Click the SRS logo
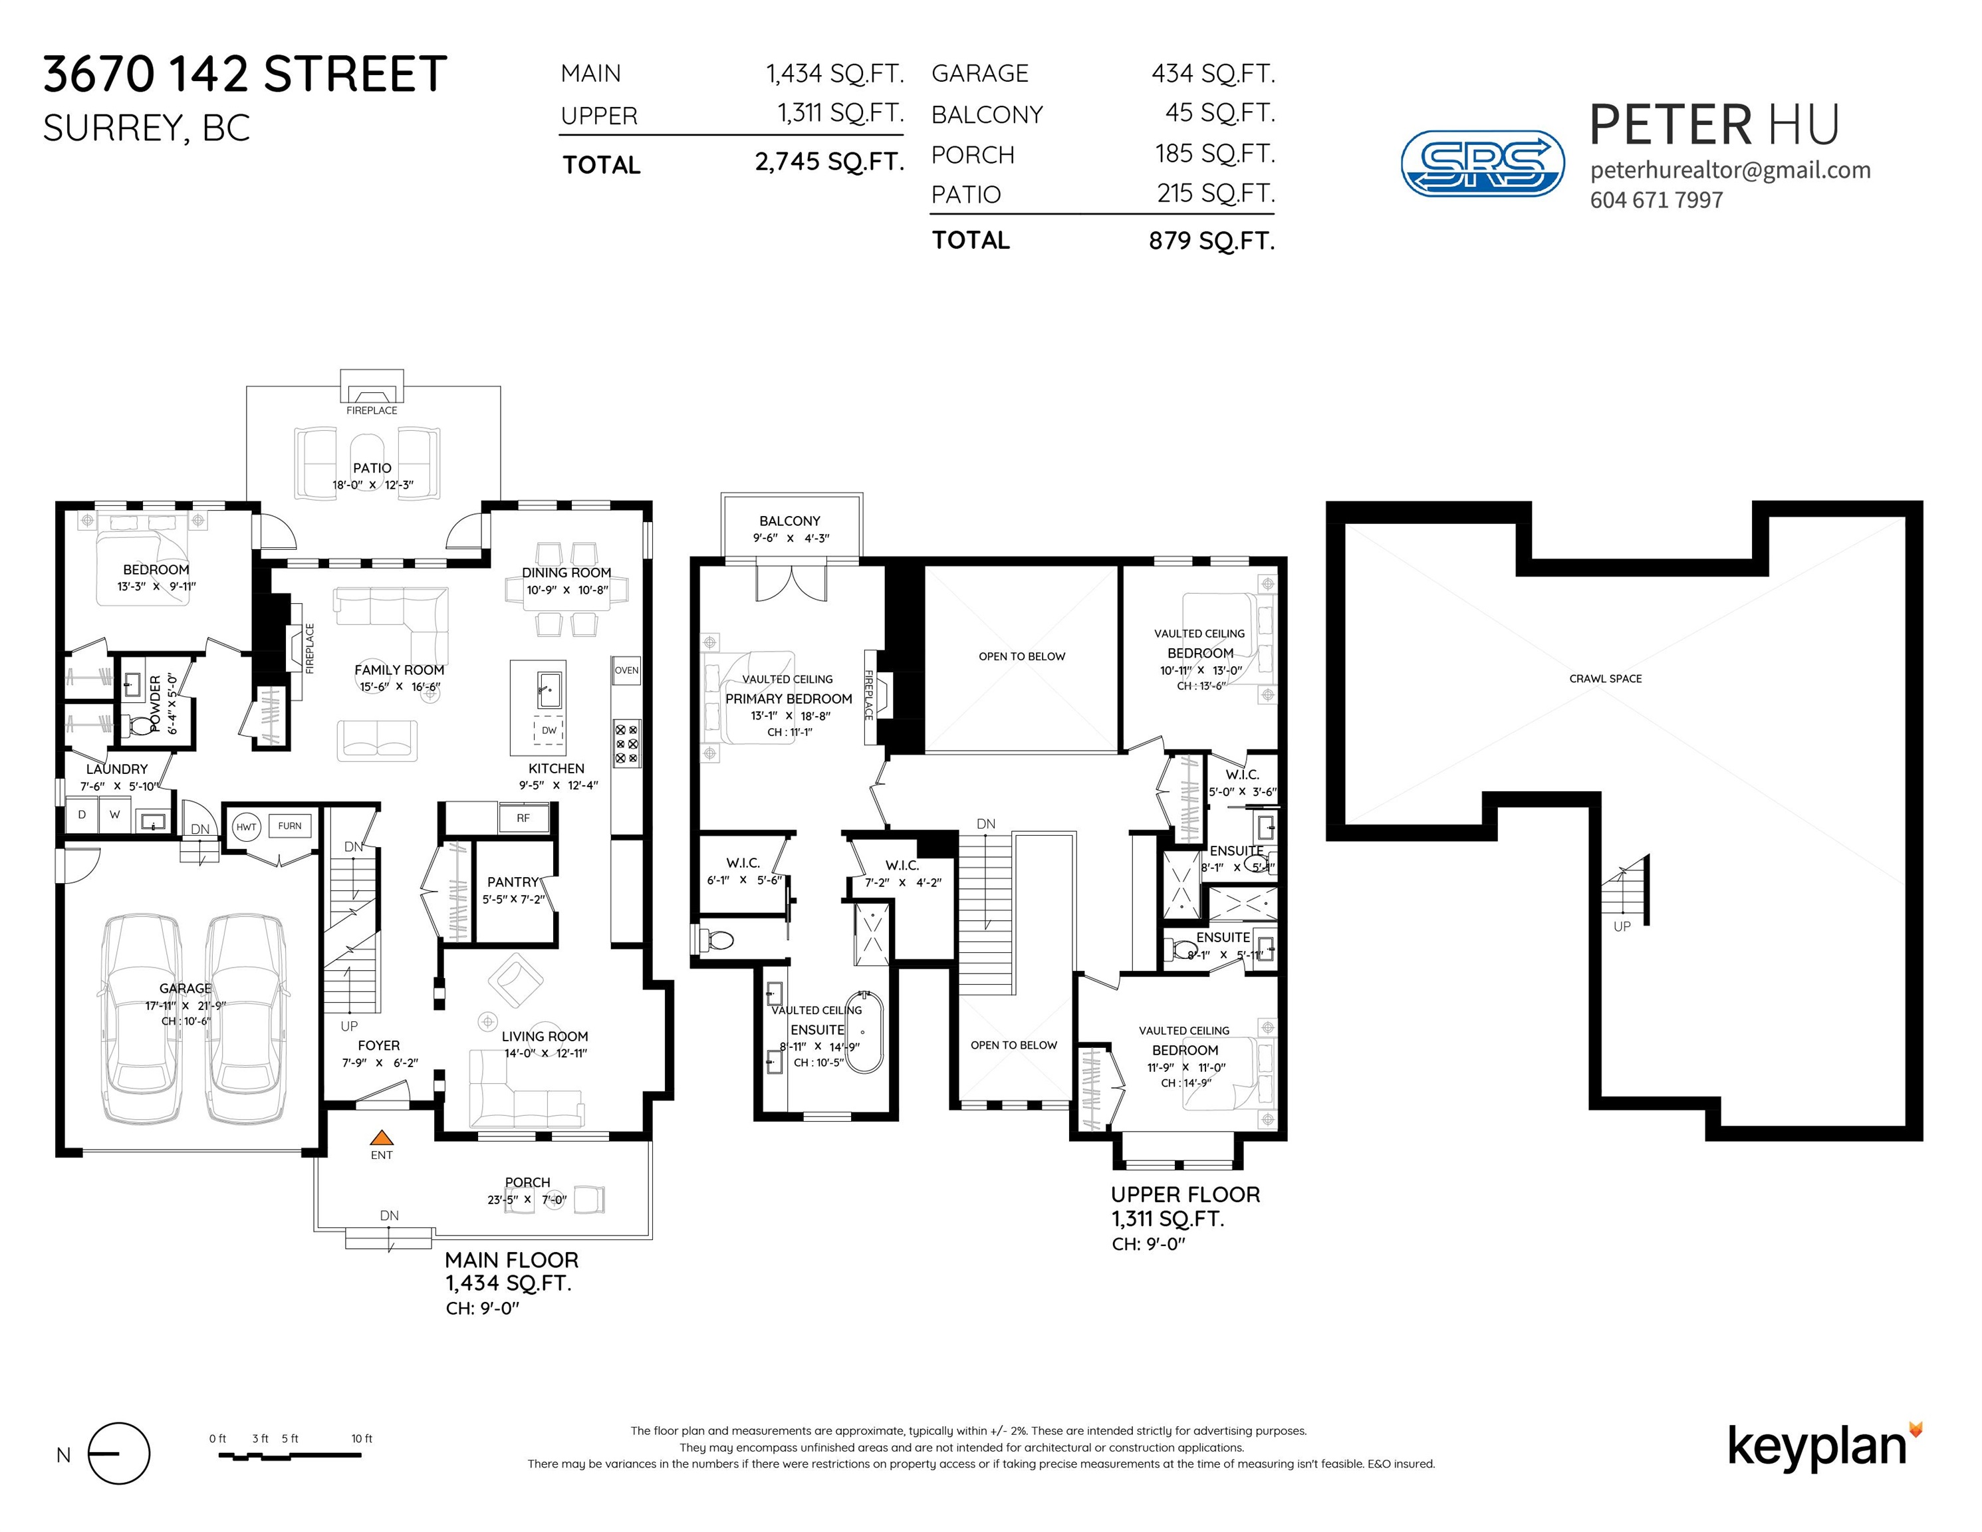pyautogui.click(x=1483, y=164)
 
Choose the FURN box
pyautogui.click(x=289, y=826)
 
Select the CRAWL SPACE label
pyautogui.click(x=1606, y=679)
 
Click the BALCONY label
pyautogui.click(x=789, y=521)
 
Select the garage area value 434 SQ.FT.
pyautogui.click(x=1213, y=74)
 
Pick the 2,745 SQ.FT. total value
pyautogui.click(x=830, y=162)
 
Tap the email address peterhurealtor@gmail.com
pyautogui.click(x=1731, y=171)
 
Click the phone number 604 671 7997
pyautogui.click(x=1656, y=201)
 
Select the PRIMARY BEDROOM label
pyautogui.click(x=789, y=699)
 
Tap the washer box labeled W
pyautogui.click(x=114, y=815)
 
